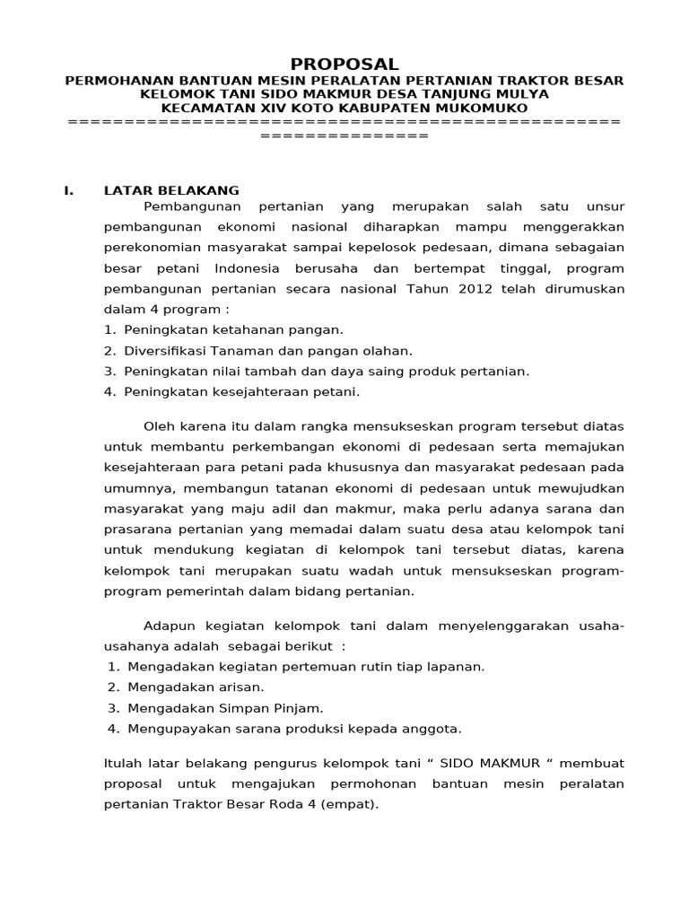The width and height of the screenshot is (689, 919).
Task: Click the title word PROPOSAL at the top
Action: point(344,64)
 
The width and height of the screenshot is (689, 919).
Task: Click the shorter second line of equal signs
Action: point(344,136)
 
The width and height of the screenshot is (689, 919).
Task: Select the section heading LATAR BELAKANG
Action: point(171,190)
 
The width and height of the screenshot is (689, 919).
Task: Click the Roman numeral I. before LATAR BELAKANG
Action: point(68,190)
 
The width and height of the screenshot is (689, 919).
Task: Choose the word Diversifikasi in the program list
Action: point(165,351)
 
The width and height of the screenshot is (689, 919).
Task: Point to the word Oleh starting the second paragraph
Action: point(159,425)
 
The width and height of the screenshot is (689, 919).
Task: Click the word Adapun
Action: point(170,626)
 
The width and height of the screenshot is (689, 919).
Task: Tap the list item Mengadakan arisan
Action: point(196,687)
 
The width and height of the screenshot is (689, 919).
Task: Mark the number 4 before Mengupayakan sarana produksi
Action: point(112,728)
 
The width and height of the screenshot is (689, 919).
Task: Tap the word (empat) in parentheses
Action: point(350,804)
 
